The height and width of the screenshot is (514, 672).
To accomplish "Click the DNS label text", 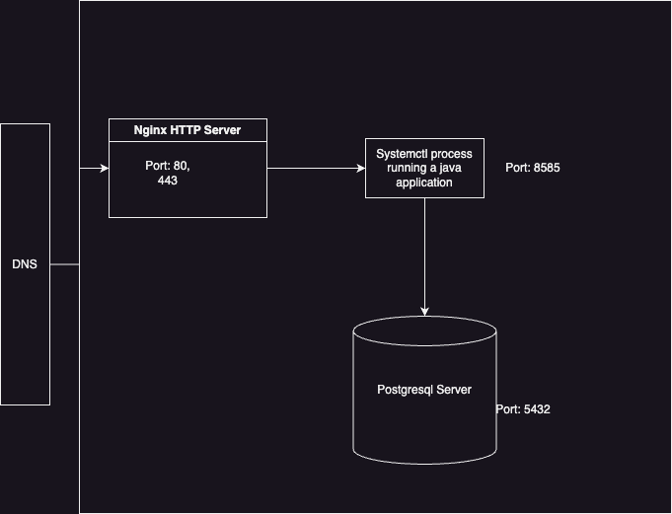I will pyautogui.click(x=25, y=264).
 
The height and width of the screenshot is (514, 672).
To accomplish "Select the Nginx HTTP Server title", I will pyautogui.click(x=187, y=130).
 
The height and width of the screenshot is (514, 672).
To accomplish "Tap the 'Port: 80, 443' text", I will pyautogui.click(x=168, y=173).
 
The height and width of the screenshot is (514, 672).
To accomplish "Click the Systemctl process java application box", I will pyautogui.click(x=424, y=169).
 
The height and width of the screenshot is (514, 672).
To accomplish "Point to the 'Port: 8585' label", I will pyautogui.click(x=533, y=168).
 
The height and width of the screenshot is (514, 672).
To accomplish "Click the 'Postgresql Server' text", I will pyautogui.click(x=424, y=390).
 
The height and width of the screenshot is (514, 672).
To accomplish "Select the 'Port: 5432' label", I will pyautogui.click(x=523, y=408).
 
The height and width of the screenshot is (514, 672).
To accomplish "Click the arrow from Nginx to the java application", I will pyautogui.click(x=316, y=169).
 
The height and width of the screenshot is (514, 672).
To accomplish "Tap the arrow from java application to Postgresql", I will pyautogui.click(x=424, y=257).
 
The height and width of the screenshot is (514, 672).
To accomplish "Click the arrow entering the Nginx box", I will pyautogui.click(x=94, y=169).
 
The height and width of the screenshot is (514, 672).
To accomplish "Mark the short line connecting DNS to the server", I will pyautogui.click(x=64, y=264).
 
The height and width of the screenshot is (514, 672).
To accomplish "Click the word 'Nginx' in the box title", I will pyautogui.click(x=151, y=130).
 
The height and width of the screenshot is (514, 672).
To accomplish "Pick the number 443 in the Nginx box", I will pyautogui.click(x=168, y=181).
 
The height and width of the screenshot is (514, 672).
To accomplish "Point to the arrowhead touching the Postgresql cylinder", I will pyautogui.click(x=424, y=312).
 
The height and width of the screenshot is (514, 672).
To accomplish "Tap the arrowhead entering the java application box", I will pyautogui.click(x=360, y=169).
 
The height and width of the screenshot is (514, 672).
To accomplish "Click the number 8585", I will pyautogui.click(x=547, y=168).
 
